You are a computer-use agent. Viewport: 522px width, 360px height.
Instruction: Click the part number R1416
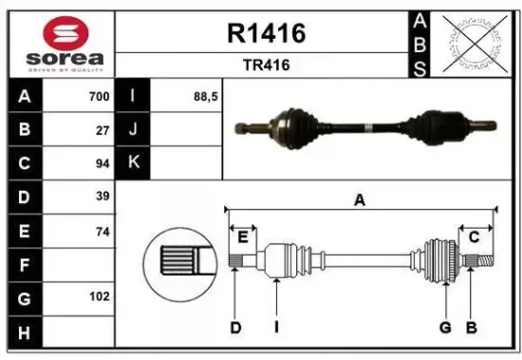coord(266,34)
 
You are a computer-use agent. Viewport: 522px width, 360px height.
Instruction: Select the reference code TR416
coord(266,66)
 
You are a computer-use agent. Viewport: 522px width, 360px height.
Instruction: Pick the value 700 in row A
coord(100,96)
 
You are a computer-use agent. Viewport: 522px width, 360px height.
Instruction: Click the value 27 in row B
coord(103,130)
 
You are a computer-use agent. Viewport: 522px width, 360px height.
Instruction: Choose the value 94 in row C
coord(103,163)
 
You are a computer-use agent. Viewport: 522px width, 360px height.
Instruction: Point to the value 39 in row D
coord(103,197)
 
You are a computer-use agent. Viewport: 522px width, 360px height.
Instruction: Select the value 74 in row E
coord(103,231)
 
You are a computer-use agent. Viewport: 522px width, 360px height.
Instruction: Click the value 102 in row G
coord(100,297)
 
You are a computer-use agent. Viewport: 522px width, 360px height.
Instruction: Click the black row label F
coord(24,264)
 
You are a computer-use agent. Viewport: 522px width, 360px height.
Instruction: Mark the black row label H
coord(24,331)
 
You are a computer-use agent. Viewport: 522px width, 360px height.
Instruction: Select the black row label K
coord(133,162)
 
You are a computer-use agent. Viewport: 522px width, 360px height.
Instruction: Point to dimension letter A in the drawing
coord(360,199)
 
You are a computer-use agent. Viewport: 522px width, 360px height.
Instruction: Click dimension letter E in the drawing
coord(243,236)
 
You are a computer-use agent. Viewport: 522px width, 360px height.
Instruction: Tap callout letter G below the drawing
coord(444,328)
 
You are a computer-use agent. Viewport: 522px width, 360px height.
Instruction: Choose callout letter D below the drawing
coord(235,328)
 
